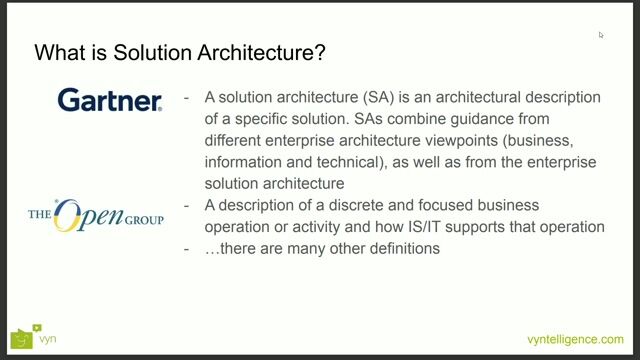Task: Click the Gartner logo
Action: coord(109,100)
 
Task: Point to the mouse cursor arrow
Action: coord(601,35)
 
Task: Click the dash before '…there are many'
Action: coord(188,248)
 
